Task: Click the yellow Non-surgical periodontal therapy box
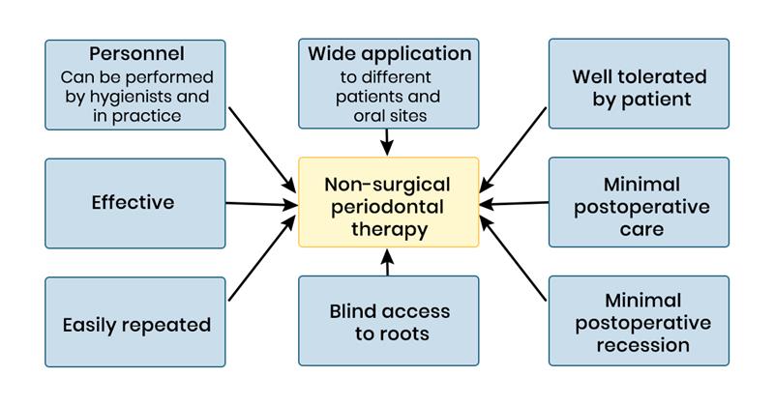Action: click(388, 202)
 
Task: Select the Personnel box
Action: click(134, 84)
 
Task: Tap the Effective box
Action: click(134, 203)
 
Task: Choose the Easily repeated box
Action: click(134, 324)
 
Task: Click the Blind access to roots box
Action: click(388, 322)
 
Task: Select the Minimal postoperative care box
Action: click(639, 203)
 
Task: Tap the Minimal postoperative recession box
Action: click(639, 322)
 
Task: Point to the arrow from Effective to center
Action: click(261, 203)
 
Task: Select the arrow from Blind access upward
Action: click(388, 263)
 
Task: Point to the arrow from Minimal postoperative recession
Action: click(515, 256)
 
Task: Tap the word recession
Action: click(639, 344)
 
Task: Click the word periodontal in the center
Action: click(388, 205)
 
